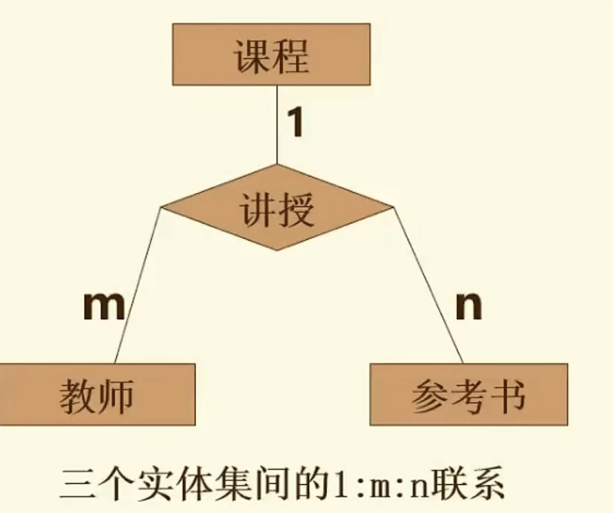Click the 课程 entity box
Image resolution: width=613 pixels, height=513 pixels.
pyautogui.click(x=271, y=55)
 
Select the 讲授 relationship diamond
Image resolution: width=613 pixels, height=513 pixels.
pyautogui.click(x=277, y=208)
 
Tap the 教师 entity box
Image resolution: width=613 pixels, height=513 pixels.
pyautogui.click(x=97, y=394)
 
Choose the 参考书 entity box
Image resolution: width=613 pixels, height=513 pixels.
pyautogui.click(x=468, y=394)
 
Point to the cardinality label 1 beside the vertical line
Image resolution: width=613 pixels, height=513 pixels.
pyautogui.click(x=294, y=123)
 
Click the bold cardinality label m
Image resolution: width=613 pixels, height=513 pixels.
pyautogui.click(x=104, y=307)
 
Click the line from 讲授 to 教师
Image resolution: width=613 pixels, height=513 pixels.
pyautogui.click(x=137, y=286)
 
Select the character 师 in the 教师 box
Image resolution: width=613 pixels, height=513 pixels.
pyautogui.click(x=116, y=395)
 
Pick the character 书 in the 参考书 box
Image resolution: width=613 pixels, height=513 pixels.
pyautogui.click(x=508, y=395)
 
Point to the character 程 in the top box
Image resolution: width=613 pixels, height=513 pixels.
pyautogui.click(x=291, y=56)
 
